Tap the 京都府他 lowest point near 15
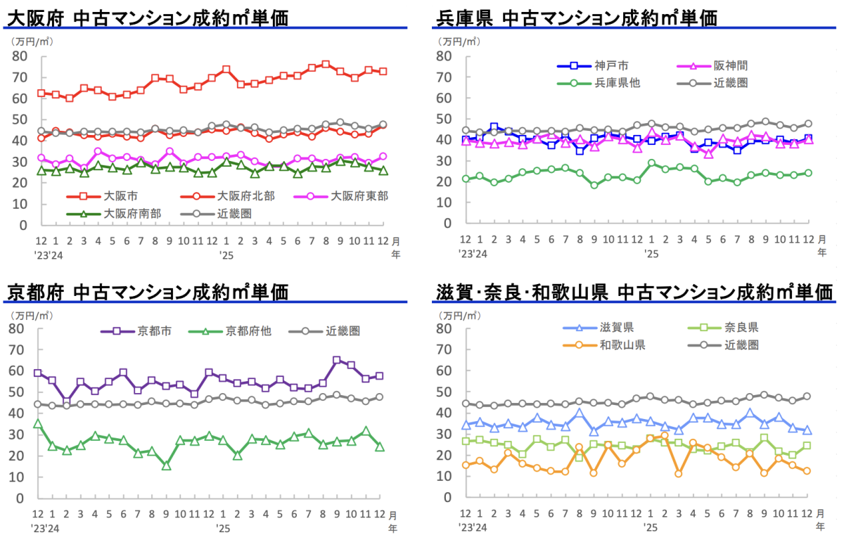pyautogui.click(x=166, y=465)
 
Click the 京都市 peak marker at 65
pyautogui.click(x=336, y=360)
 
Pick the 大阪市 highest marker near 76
pyautogui.click(x=326, y=65)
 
